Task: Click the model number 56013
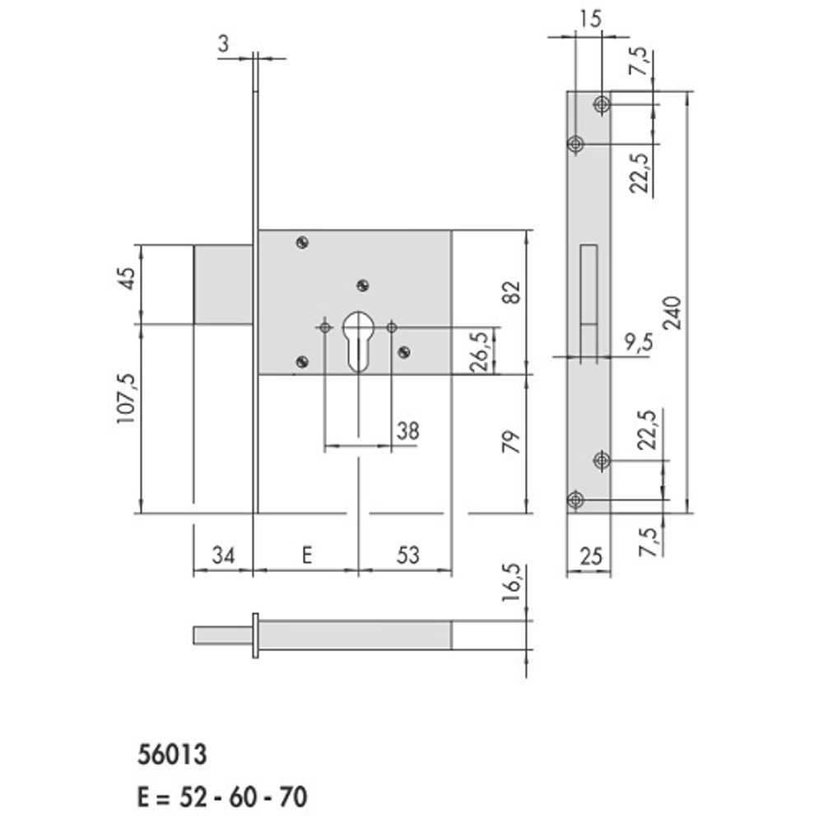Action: (172, 754)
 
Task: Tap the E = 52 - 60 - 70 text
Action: (222, 797)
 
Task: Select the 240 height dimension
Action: (672, 313)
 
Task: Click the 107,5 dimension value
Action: (126, 398)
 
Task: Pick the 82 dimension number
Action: (511, 292)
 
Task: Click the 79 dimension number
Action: (511, 441)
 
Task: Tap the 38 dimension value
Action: (408, 431)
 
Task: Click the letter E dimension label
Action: (307, 555)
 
